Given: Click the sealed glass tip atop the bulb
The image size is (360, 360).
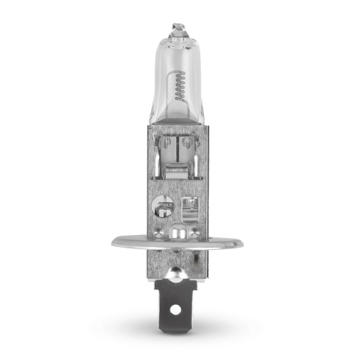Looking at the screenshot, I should (179, 29).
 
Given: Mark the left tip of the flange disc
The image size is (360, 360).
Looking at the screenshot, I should (114, 242).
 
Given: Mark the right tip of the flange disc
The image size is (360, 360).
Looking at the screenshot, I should (245, 242).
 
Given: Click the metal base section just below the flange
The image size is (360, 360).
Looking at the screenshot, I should (179, 260).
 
